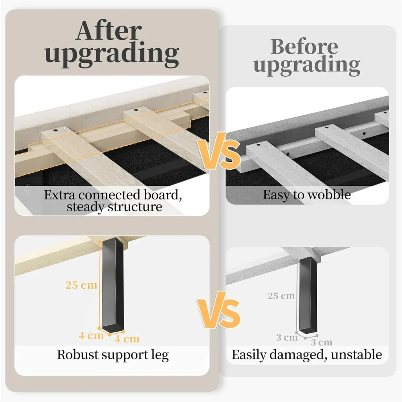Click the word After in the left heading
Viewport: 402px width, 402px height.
(x=109, y=31)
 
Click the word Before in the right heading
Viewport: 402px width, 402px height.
(x=304, y=47)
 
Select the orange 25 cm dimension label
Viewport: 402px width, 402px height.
(x=82, y=285)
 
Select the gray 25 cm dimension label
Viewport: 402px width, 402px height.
(x=281, y=296)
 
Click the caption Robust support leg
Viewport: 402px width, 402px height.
(x=113, y=355)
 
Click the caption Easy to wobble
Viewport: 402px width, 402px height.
(x=307, y=195)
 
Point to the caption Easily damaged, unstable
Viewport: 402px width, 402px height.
(x=307, y=355)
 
